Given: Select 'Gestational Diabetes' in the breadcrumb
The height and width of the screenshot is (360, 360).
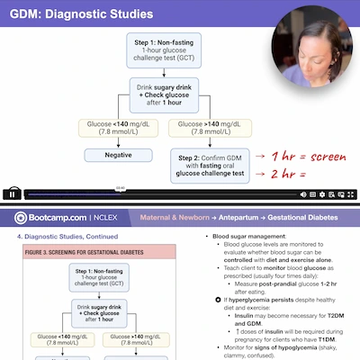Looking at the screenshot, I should [301, 218].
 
